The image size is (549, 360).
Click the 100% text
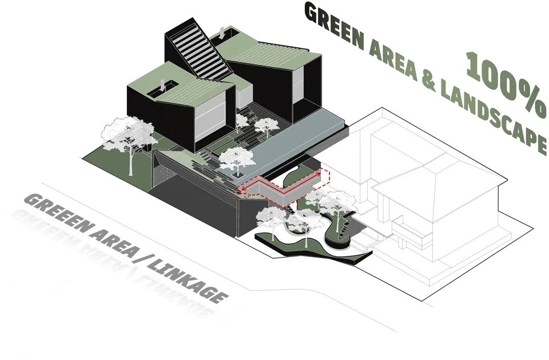507,84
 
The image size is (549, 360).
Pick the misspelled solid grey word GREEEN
57,213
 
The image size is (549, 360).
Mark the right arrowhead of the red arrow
319,172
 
